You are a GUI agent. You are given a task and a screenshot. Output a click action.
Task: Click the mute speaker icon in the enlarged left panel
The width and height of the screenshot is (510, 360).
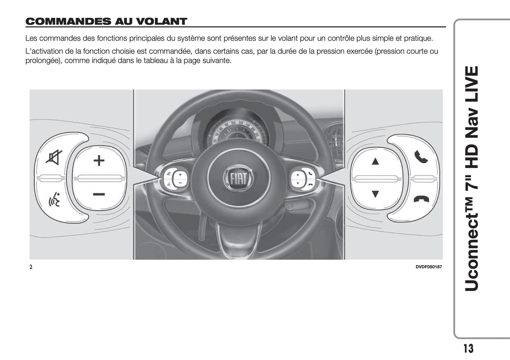pyautogui.click(x=54, y=157)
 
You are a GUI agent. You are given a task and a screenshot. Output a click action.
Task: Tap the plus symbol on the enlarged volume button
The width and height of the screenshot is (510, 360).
pyautogui.click(x=99, y=160)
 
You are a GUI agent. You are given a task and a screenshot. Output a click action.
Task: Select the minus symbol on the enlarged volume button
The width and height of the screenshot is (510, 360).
pyautogui.click(x=99, y=194)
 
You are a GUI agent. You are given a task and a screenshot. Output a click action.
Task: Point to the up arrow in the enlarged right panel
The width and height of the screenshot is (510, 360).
pyautogui.click(x=375, y=161)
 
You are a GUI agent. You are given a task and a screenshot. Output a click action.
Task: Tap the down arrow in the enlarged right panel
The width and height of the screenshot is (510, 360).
pyautogui.click(x=375, y=194)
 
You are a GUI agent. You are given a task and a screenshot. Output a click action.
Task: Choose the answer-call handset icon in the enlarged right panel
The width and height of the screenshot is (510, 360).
pyautogui.click(x=421, y=157)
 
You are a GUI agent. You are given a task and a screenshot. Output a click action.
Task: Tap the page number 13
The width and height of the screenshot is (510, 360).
pyautogui.click(x=468, y=348)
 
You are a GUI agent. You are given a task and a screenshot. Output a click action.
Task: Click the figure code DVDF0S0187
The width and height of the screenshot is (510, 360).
pyautogui.click(x=428, y=267)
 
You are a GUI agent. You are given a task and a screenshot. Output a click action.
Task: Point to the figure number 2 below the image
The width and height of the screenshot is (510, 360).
pyautogui.click(x=31, y=267)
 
